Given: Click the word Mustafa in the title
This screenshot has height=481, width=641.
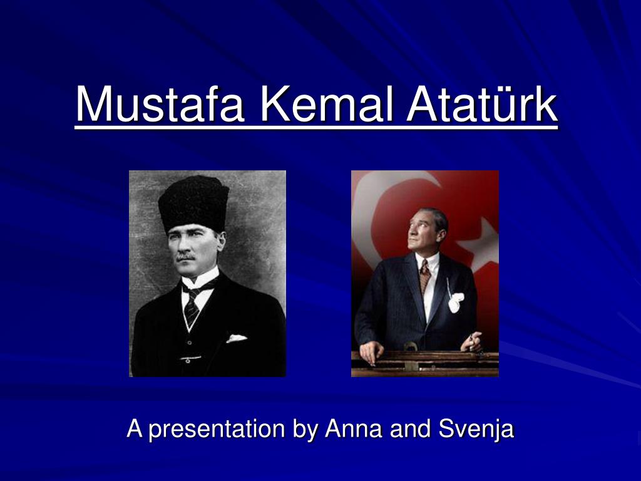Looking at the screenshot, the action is [x=160, y=104].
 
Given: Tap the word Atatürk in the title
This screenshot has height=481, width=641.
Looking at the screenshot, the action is [x=481, y=104].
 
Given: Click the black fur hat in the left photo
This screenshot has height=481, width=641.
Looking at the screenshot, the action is [x=194, y=203].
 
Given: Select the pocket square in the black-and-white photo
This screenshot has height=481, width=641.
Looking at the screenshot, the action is [x=237, y=338].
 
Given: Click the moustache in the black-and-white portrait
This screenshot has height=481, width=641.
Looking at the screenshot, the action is [x=185, y=257].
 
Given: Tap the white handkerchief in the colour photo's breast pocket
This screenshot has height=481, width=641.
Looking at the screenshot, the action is [x=456, y=301].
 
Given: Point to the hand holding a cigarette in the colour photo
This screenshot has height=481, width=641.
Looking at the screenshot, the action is [x=471, y=343].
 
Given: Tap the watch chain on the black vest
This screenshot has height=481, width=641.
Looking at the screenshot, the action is [x=190, y=359].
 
